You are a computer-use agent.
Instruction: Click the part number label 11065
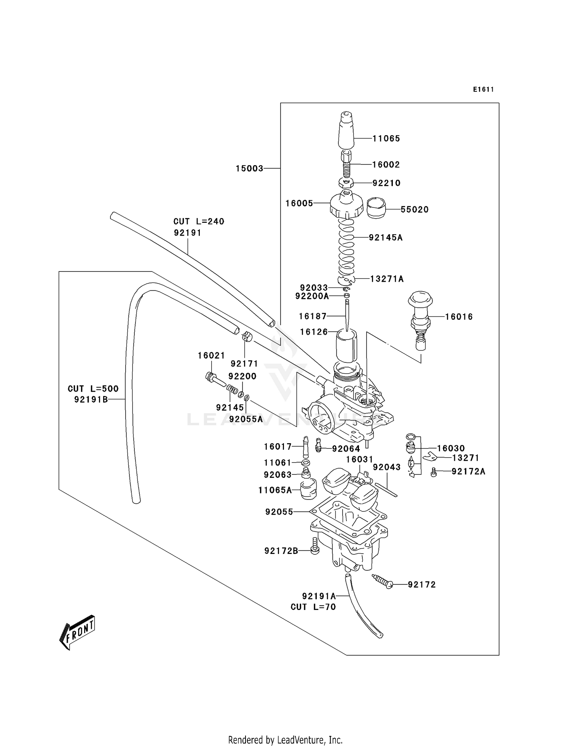386,139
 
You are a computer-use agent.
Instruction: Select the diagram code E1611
483,89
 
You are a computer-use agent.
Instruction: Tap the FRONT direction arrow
77,632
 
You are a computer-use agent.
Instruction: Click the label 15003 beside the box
249,168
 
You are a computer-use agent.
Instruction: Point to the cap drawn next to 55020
376,208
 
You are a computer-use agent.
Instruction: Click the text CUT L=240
199,221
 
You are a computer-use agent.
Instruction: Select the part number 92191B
91,399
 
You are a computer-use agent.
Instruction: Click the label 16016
459,317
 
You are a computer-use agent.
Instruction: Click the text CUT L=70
313,607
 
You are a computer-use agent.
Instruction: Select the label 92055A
246,419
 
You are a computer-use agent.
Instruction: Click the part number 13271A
387,279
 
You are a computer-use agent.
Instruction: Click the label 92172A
468,472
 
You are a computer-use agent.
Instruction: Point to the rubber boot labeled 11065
346,131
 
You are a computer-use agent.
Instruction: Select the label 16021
211,356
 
